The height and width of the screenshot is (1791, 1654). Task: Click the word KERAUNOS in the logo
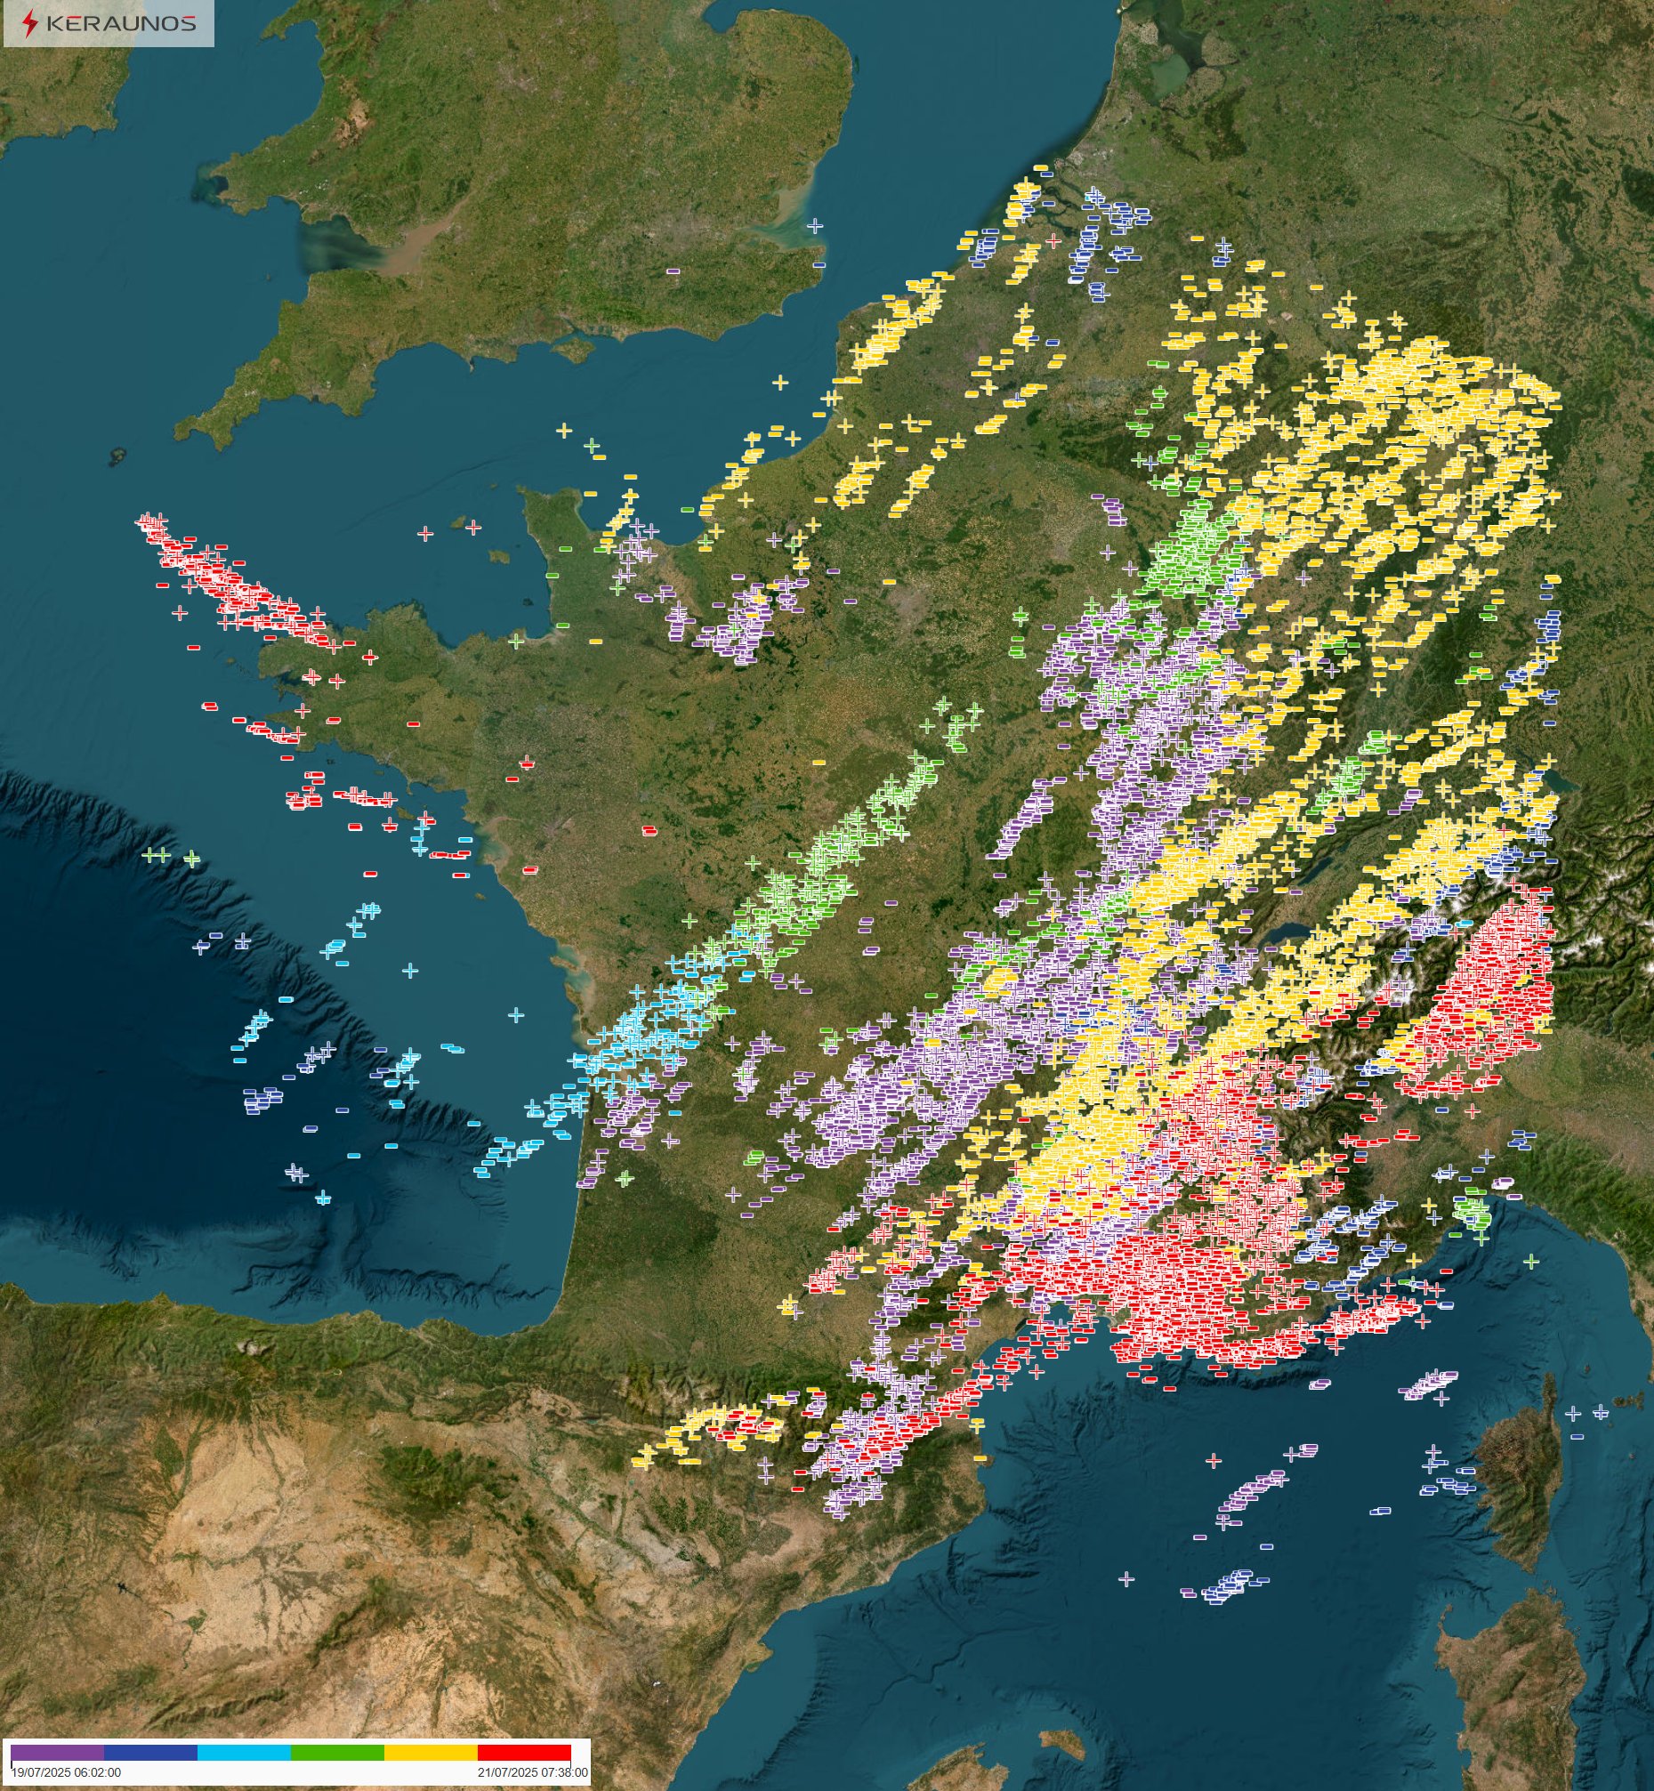point(120,24)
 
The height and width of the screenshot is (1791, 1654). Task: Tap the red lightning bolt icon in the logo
point(30,24)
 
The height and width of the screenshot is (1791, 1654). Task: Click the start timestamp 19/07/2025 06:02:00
point(65,1771)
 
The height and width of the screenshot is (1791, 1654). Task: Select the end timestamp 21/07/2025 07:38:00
point(533,1771)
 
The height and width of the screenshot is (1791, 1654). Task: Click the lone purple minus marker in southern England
point(673,270)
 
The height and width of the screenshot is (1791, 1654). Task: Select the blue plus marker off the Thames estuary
point(814,226)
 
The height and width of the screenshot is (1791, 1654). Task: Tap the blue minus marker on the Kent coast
point(818,265)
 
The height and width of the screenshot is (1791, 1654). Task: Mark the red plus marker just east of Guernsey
point(473,528)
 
